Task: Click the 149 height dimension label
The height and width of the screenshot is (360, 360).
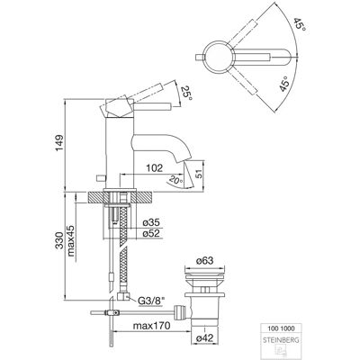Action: pyautogui.click(x=59, y=143)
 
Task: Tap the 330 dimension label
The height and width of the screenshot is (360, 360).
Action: pyautogui.click(x=59, y=240)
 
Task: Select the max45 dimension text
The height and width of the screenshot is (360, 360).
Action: pyautogui.click(x=71, y=241)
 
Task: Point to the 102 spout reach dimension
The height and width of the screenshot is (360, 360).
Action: pyautogui.click(x=155, y=168)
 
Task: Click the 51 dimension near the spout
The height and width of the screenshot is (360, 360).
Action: pyautogui.click(x=199, y=174)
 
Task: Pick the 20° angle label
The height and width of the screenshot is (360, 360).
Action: pyautogui.click(x=175, y=180)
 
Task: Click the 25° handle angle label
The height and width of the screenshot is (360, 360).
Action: pyautogui.click(x=185, y=93)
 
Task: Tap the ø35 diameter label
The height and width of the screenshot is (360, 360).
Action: pyautogui.click(x=151, y=222)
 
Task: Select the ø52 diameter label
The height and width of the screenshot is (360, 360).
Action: pyautogui.click(x=151, y=233)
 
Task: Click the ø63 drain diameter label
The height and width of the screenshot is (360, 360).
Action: pyautogui.click(x=204, y=261)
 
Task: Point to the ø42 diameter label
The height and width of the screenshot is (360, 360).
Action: pyautogui.click(x=204, y=338)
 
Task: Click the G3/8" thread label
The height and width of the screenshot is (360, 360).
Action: pyautogui.click(x=152, y=300)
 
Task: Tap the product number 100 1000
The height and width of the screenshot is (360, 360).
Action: pyautogui.click(x=281, y=328)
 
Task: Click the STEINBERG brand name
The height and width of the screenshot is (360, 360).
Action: pyautogui.click(x=281, y=340)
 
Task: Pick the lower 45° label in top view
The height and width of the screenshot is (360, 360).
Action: pyautogui.click(x=284, y=85)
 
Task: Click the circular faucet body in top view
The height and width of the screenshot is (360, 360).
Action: pyautogui.click(x=218, y=56)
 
